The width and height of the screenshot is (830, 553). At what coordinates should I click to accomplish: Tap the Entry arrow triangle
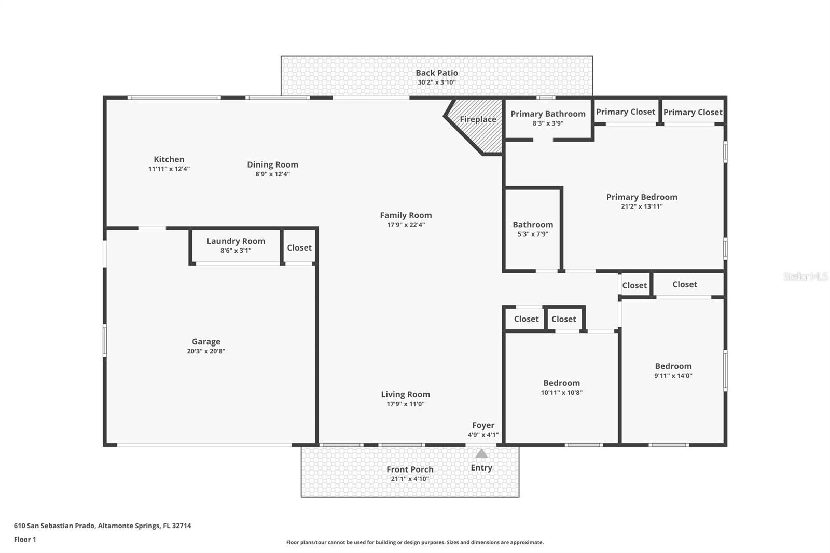481,454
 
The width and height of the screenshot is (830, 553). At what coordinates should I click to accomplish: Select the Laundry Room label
236,241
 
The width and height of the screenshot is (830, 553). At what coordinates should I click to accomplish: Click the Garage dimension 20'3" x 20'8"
206,351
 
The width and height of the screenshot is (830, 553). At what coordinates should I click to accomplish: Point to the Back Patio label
437,73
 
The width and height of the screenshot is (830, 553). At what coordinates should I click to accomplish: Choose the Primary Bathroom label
548,114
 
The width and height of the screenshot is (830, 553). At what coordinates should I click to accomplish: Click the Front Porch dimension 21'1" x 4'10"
410,479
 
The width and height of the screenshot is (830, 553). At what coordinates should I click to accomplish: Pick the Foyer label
483,425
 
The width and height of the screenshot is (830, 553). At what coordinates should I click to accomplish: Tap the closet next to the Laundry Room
299,247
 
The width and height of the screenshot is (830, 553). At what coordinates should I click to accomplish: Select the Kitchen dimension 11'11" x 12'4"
169,169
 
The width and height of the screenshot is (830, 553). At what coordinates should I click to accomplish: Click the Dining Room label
272,165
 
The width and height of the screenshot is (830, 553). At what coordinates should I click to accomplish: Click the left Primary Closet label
625,112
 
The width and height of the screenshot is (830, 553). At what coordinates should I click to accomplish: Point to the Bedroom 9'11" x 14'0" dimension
673,376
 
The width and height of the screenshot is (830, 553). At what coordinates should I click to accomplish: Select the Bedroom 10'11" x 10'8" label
561,383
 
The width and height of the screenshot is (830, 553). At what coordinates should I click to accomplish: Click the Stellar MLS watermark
805,276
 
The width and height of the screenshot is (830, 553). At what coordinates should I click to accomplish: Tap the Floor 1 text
25,540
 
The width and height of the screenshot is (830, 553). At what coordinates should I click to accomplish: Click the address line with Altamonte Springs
102,526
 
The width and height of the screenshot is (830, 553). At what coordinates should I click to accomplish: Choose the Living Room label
405,395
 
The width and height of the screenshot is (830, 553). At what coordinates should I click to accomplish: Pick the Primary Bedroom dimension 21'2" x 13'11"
642,206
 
